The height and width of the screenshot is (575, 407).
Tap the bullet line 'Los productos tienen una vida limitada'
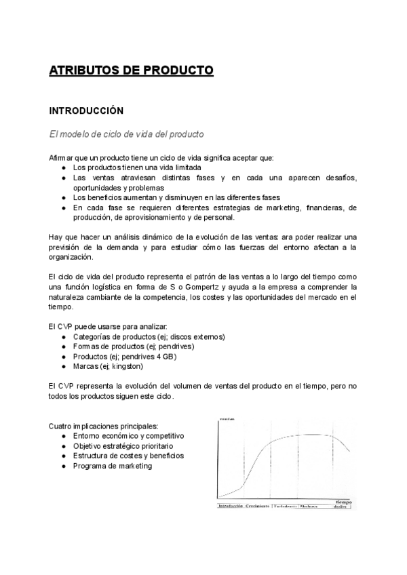click(137, 167)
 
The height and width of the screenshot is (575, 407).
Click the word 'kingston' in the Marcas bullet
click(128, 366)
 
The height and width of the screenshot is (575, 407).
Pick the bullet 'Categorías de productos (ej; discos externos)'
click(149, 337)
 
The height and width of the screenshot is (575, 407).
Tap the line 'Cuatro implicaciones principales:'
click(102, 426)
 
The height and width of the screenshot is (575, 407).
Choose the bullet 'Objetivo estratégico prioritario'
click(123, 446)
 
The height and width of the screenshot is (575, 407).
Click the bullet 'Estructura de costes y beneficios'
click(128, 456)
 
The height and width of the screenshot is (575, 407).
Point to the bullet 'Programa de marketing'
click(113, 466)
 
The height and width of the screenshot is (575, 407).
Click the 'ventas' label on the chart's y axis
click(227, 421)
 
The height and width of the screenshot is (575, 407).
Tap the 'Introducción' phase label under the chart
click(229, 506)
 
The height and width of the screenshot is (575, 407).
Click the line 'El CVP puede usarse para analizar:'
click(104, 327)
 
